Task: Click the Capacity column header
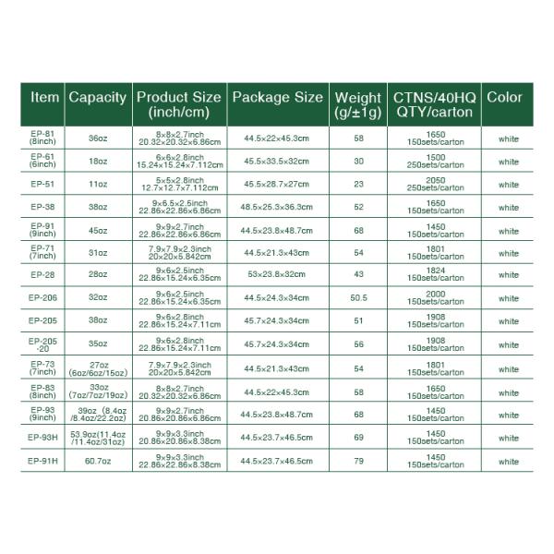pyautogui.click(x=98, y=98)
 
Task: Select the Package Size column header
pyautogui.click(x=277, y=97)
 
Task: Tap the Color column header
pyautogui.click(x=504, y=98)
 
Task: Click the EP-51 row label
pyautogui.click(x=42, y=184)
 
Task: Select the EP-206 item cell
pyautogui.click(x=42, y=298)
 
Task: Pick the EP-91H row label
pyautogui.click(x=42, y=461)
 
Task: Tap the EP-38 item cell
pyautogui.click(x=42, y=207)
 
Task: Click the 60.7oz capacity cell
pyautogui.click(x=98, y=461)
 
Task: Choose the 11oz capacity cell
pyautogui.click(x=98, y=184)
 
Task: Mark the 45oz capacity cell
pyautogui.click(x=98, y=230)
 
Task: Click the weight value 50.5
pyautogui.click(x=359, y=298)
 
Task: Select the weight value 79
pyautogui.click(x=359, y=461)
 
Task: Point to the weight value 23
pyautogui.click(x=359, y=184)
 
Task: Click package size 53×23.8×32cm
pyautogui.click(x=277, y=275)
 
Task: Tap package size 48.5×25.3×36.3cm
pyautogui.click(x=277, y=207)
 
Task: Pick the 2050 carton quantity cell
pyautogui.click(x=434, y=184)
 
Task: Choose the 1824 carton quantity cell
pyautogui.click(x=434, y=275)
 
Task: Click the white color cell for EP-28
pyautogui.click(x=509, y=275)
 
